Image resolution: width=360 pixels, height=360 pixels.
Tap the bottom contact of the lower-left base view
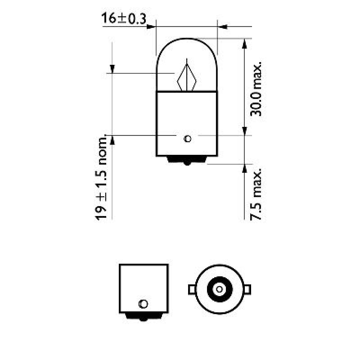tap(144, 317)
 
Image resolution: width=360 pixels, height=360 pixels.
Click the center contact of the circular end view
tap(219, 288)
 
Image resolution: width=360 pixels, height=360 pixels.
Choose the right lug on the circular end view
tap(247, 288)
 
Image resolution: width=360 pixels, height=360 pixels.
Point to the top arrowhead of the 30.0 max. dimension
tap(245, 43)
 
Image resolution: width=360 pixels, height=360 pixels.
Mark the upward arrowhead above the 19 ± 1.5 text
tap(112, 140)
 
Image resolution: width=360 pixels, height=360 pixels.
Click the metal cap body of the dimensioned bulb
tap(187, 121)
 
